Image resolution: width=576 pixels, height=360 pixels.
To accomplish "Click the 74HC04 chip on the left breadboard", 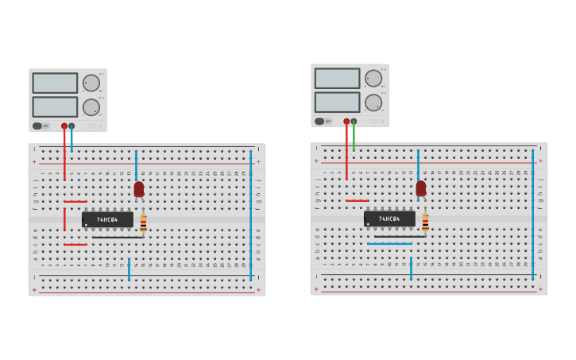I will tap(107, 219).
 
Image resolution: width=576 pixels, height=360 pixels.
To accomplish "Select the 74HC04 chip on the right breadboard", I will tap(389, 219).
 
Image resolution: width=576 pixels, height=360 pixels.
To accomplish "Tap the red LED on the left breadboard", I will tap(139, 189).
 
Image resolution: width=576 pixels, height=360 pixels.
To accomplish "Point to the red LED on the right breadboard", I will tap(421, 188).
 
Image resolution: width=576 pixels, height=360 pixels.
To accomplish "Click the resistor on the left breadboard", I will tap(143, 223).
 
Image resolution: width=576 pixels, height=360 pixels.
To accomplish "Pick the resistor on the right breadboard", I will tap(425, 222).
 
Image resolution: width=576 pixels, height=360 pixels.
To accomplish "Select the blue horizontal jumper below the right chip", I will tap(389, 244).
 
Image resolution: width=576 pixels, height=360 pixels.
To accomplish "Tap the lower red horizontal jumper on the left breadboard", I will tap(75, 245).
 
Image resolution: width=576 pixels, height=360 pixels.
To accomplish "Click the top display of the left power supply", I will tap(55, 83).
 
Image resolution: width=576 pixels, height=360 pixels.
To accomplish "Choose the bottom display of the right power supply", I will tap(337, 102).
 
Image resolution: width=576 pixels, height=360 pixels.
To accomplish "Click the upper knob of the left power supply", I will tap(91, 83).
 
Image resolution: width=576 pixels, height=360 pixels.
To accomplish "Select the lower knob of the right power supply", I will tap(373, 103).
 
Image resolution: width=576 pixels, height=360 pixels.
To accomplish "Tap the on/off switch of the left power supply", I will tap(37, 126).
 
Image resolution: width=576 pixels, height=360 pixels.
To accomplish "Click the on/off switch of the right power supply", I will tap(319, 122).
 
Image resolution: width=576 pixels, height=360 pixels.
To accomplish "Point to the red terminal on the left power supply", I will tap(64, 126).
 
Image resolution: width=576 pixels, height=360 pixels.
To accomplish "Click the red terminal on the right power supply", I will tap(346, 122).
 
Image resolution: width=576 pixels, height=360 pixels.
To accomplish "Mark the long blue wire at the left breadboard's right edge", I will tap(251, 215).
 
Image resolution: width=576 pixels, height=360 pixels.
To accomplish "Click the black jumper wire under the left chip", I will tap(117, 237).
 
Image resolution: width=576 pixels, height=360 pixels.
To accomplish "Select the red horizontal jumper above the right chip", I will tap(357, 201).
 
